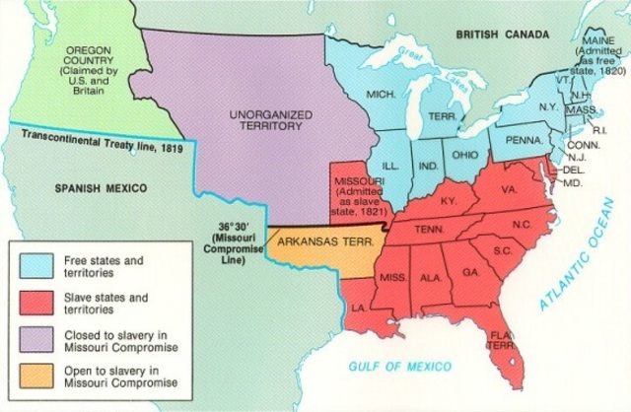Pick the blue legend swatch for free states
(35, 264)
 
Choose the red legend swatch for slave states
(35, 303)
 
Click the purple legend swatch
(35, 341)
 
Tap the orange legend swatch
(35, 379)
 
